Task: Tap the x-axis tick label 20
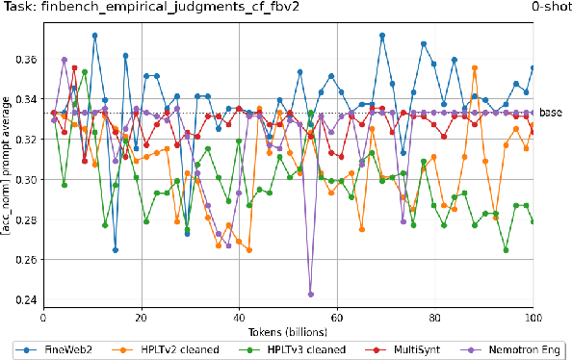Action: tap(141, 317)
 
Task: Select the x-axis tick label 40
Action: tap(239, 317)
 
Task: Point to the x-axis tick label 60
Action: tap(337, 317)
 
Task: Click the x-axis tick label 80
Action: tap(435, 317)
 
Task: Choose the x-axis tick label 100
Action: tap(533, 317)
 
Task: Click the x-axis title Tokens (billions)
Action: tap(288, 330)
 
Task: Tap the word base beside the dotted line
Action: tap(551, 113)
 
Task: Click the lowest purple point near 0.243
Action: tap(311, 295)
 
